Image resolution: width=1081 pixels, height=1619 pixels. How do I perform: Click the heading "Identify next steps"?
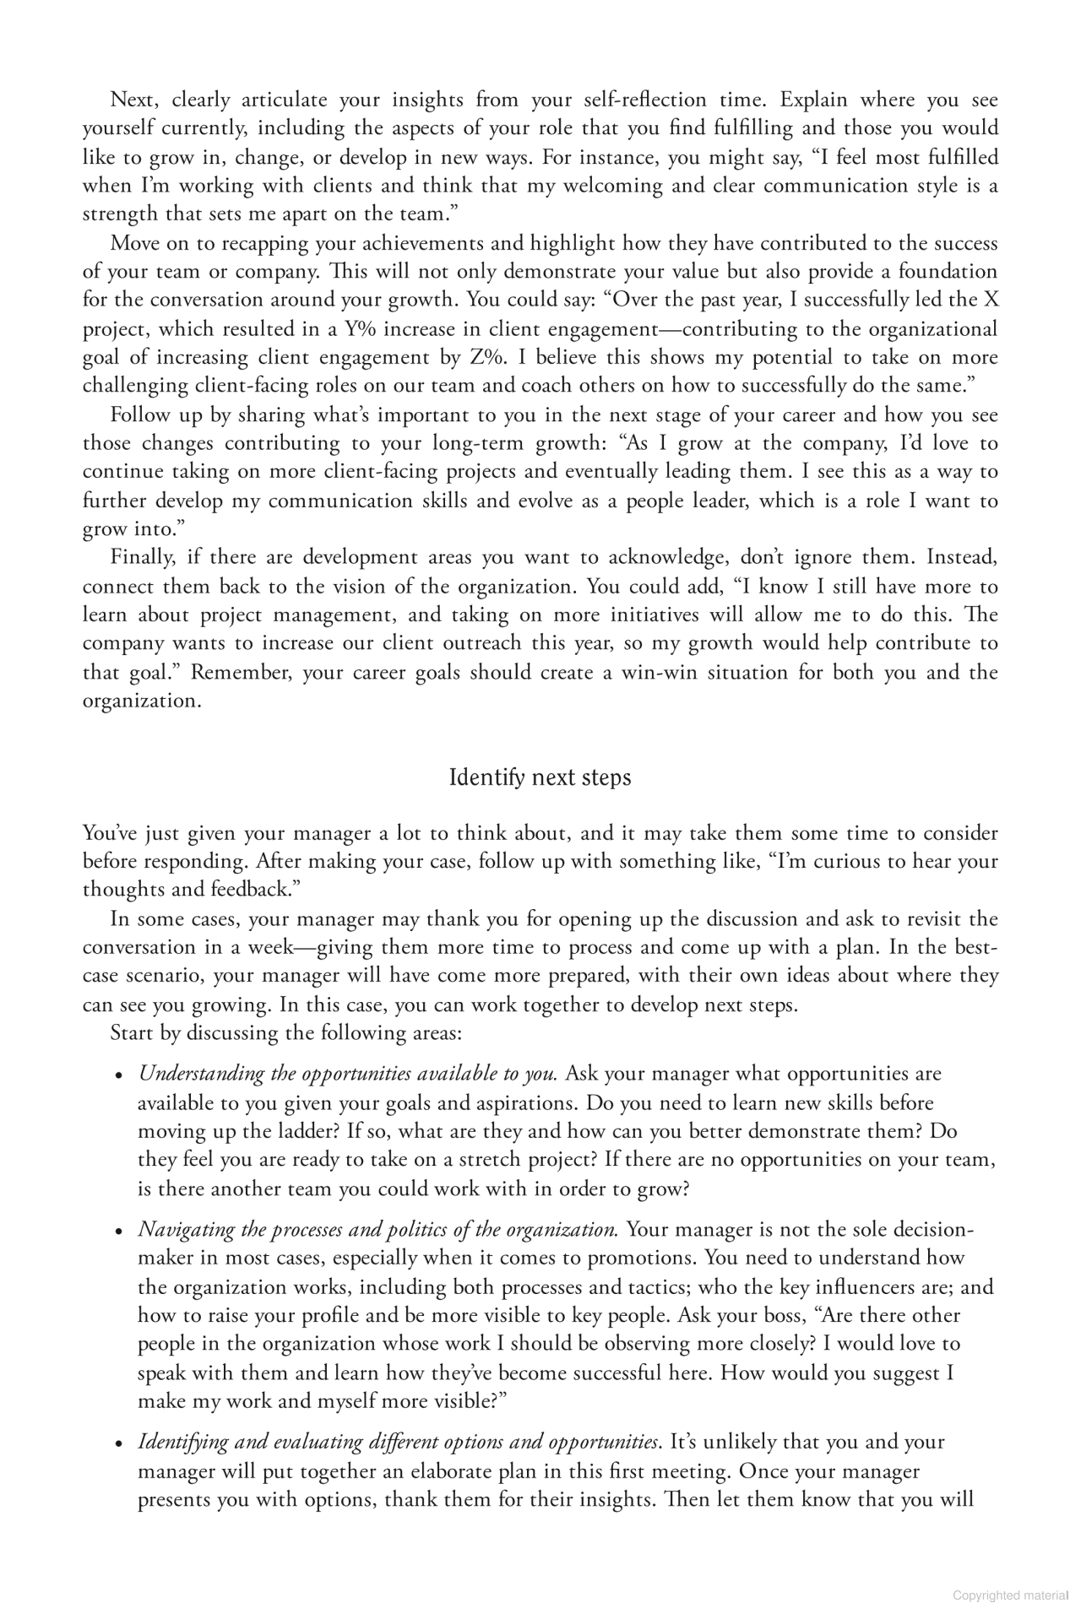click(540, 777)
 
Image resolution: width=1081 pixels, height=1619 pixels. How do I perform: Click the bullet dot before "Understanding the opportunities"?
click(120, 1076)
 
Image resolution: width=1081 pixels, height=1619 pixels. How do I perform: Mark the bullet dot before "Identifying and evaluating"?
click(120, 1444)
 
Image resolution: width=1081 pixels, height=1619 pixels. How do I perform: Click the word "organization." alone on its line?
click(142, 701)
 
